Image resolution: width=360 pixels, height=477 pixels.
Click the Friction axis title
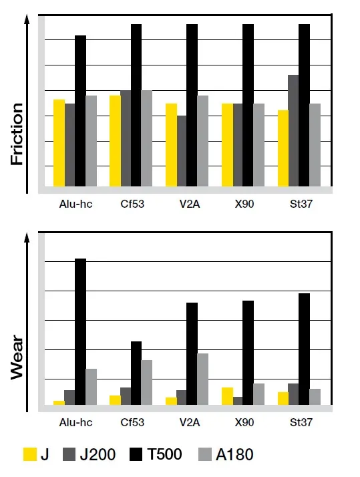coord(17,134)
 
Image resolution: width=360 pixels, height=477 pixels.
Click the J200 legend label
coord(98,455)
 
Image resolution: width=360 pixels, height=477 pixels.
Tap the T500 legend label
coord(164,455)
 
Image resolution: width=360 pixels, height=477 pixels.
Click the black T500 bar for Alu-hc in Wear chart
coord(80,331)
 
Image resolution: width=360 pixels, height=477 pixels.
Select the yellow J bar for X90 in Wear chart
coord(227,395)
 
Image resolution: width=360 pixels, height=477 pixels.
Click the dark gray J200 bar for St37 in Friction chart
coord(293,130)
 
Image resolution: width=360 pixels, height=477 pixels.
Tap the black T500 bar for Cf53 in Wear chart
coord(136,372)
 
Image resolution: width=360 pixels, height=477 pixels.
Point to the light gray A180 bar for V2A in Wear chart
coord(202,378)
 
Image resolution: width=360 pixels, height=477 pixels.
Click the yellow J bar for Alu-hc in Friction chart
coord(59,143)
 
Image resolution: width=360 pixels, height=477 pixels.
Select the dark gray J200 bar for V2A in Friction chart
coord(182,151)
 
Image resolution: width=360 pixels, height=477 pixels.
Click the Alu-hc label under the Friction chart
coord(75,204)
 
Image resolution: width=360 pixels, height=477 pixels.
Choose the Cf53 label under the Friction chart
coord(132,204)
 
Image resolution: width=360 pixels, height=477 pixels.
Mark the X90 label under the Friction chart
coord(244,204)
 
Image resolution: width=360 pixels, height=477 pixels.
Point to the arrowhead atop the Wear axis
coord(27,237)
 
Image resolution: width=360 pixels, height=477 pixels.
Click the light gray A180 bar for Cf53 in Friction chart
coord(147,138)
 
